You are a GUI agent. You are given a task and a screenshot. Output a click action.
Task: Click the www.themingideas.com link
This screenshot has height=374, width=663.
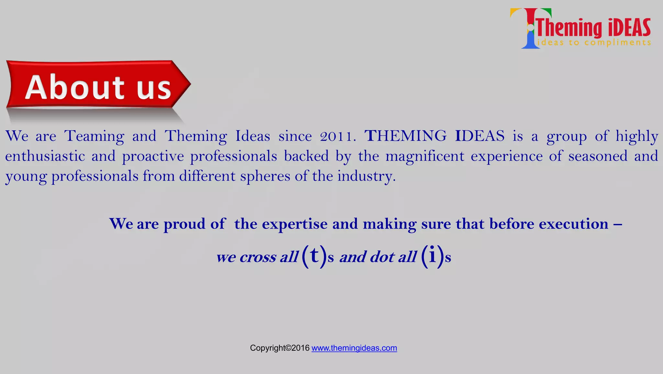tap(354, 348)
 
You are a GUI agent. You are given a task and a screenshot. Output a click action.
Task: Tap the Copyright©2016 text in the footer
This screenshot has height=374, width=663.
tap(280, 348)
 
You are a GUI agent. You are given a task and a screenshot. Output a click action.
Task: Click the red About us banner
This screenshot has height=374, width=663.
tap(97, 87)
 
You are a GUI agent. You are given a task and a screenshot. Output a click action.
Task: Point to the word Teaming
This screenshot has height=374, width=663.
tap(94, 136)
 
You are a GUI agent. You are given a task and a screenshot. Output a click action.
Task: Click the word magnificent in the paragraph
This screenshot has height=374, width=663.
tap(425, 156)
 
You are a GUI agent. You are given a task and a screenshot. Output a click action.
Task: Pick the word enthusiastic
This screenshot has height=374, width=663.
tap(45, 156)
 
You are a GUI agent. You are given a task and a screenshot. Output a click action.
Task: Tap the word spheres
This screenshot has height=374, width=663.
tap(265, 176)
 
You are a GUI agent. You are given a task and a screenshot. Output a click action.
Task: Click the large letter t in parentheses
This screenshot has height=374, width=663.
tap(314, 255)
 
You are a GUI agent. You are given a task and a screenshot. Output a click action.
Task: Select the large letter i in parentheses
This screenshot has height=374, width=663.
tap(433, 255)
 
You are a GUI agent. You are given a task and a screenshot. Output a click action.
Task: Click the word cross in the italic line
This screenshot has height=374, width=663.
tap(258, 257)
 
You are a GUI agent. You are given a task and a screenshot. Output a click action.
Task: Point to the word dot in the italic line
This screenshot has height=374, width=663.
tap(382, 257)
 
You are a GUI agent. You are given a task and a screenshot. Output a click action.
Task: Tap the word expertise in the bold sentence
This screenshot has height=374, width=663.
tap(295, 224)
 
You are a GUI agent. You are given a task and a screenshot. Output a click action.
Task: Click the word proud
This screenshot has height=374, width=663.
tap(185, 224)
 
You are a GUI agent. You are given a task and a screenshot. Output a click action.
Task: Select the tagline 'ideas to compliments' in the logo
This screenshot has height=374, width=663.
tap(594, 43)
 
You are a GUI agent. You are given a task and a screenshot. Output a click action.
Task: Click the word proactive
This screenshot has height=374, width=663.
tap(153, 157)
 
